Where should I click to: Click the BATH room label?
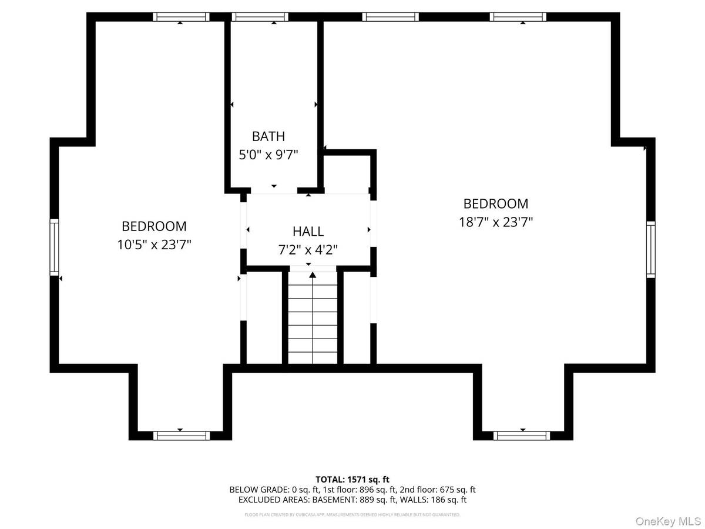tap(268, 136)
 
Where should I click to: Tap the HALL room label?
tap(308, 232)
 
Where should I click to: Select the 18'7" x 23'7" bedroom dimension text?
tap(495, 222)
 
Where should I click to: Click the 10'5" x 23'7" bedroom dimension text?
tap(154, 245)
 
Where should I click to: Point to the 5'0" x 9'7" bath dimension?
tap(268, 155)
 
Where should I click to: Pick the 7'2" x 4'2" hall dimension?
tap(308, 250)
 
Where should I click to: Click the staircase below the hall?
tap(313, 320)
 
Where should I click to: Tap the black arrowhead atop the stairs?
tap(313, 274)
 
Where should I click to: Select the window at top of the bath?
tap(260, 17)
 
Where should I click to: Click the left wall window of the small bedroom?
tap(54, 247)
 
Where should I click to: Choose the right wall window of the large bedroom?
tap(650, 249)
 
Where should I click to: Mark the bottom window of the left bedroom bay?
tap(181, 436)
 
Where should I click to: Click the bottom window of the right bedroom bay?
tap(522, 436)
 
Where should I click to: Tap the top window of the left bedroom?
tap(181, 17)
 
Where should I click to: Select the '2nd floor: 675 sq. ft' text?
tap(438, 490)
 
